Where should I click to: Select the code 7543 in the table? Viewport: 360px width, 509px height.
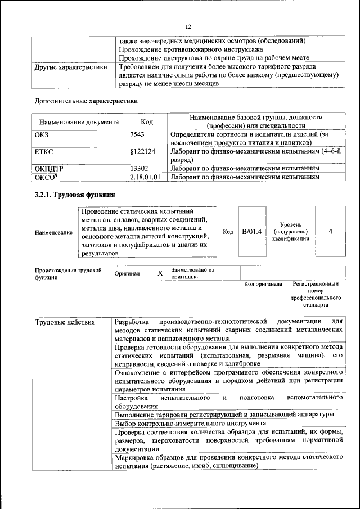click(137, 135)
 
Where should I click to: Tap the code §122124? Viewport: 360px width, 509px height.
click(143, 152)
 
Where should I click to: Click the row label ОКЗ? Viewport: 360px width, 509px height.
click(42, 135)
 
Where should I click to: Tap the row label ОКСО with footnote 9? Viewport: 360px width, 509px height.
click(46, 177)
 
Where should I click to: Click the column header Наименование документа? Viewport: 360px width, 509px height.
click(79, 121)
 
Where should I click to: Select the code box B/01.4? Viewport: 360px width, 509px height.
click(251, 231)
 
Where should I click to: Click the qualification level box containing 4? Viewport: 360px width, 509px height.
click(330, 231)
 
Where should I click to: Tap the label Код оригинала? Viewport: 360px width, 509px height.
click(263, 284)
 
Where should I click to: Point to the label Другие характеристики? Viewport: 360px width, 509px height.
click(71, 67)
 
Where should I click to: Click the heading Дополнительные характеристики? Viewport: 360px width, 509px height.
click(86, 101)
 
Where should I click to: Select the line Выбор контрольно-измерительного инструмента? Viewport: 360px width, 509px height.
click(190, 422)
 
